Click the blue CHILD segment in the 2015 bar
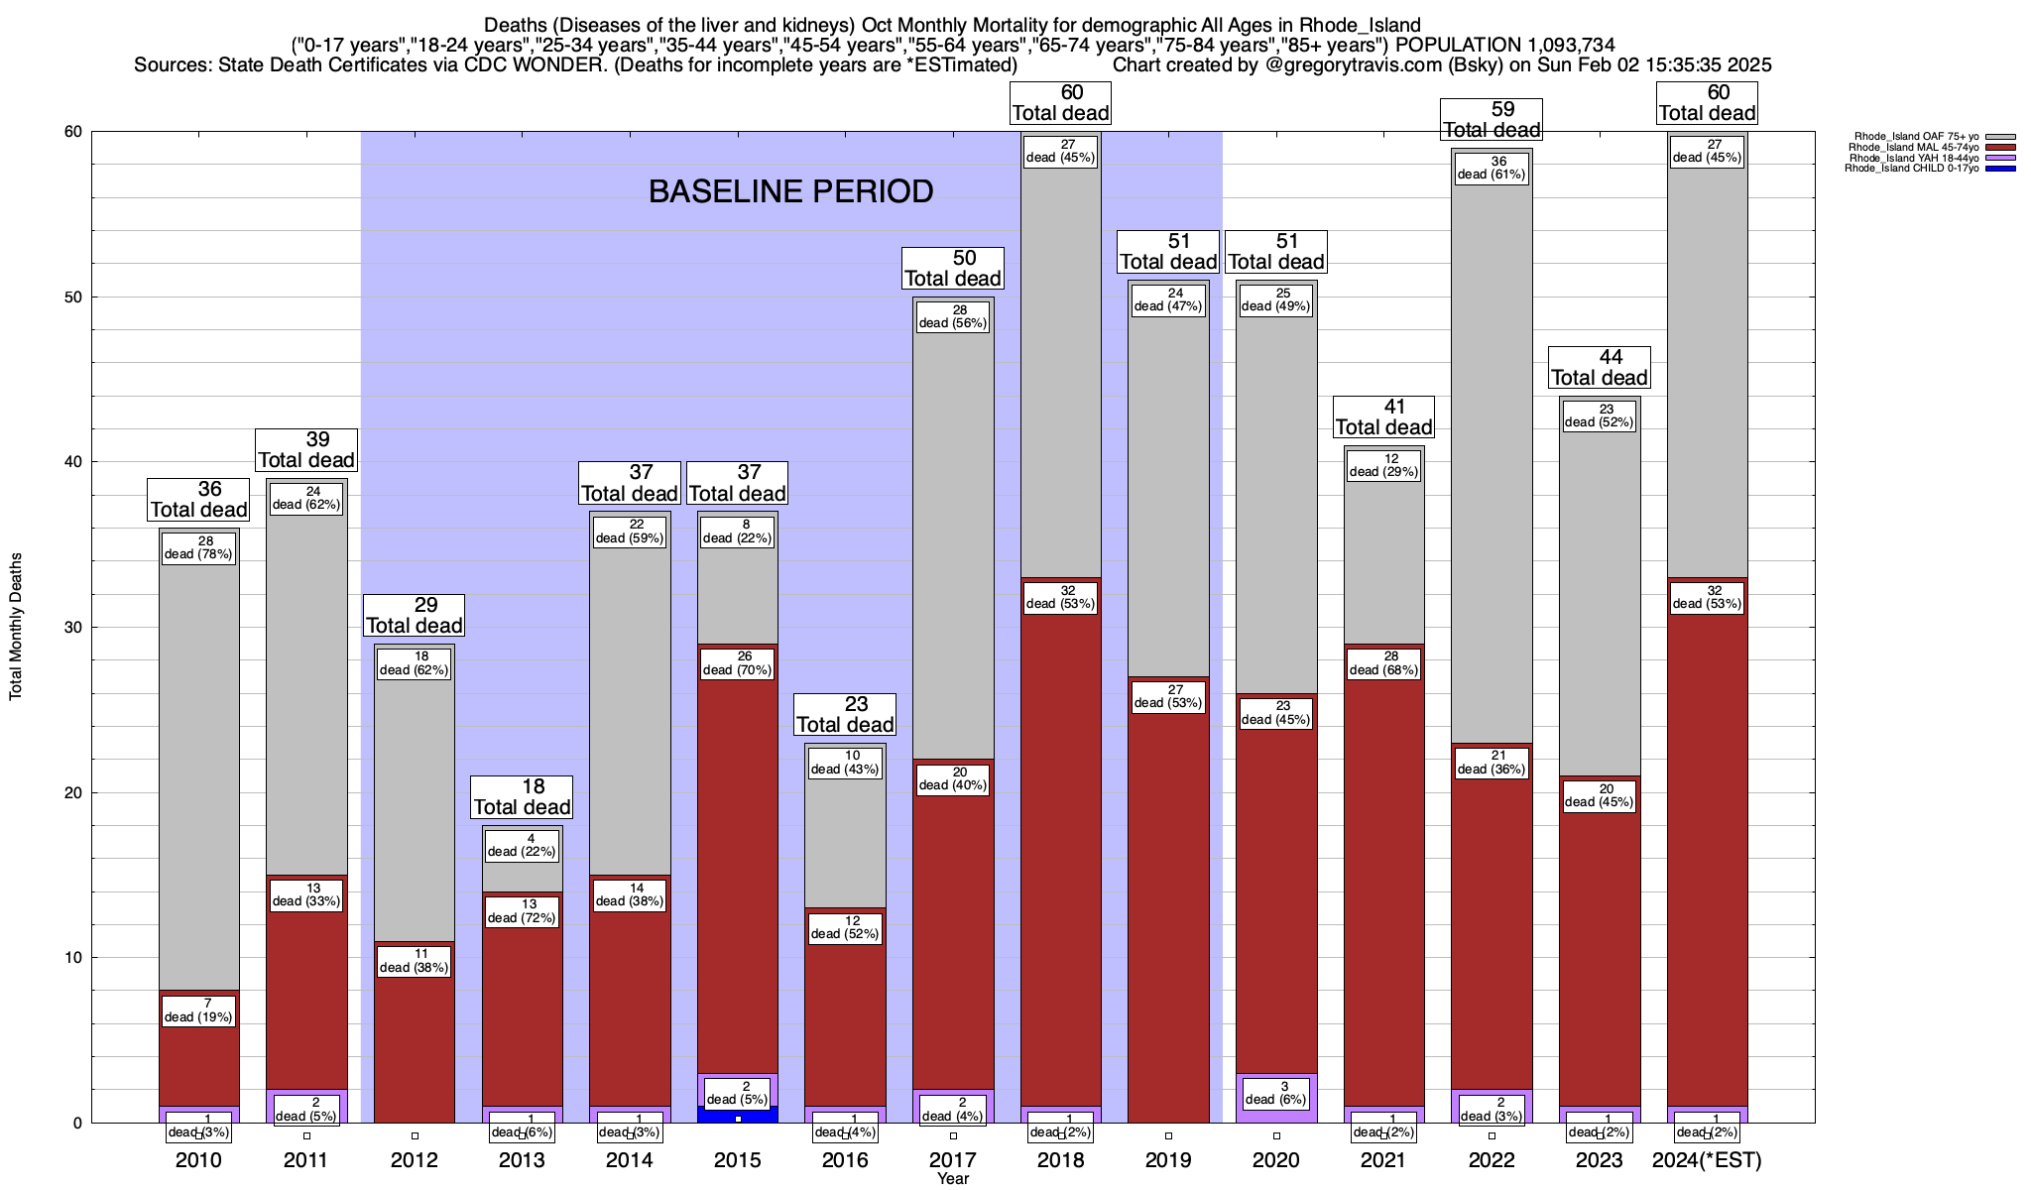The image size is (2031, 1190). (738, 1115)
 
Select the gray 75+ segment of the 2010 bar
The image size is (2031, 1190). (199, 773)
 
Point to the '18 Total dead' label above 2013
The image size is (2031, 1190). (522, 797)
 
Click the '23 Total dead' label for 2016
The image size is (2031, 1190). (845, 715)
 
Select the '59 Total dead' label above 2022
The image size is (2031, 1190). (1492, 120)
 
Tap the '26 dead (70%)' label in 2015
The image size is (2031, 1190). (738, 663)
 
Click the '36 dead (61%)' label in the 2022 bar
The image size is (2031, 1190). (1492, 168)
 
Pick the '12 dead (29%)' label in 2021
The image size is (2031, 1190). (1383, 465)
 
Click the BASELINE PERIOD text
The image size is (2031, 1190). (790, 191)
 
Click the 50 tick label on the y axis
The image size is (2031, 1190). (72, 297)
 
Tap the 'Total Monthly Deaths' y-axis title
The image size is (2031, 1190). (16, 627)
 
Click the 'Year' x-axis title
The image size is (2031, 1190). (953, 1179)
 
